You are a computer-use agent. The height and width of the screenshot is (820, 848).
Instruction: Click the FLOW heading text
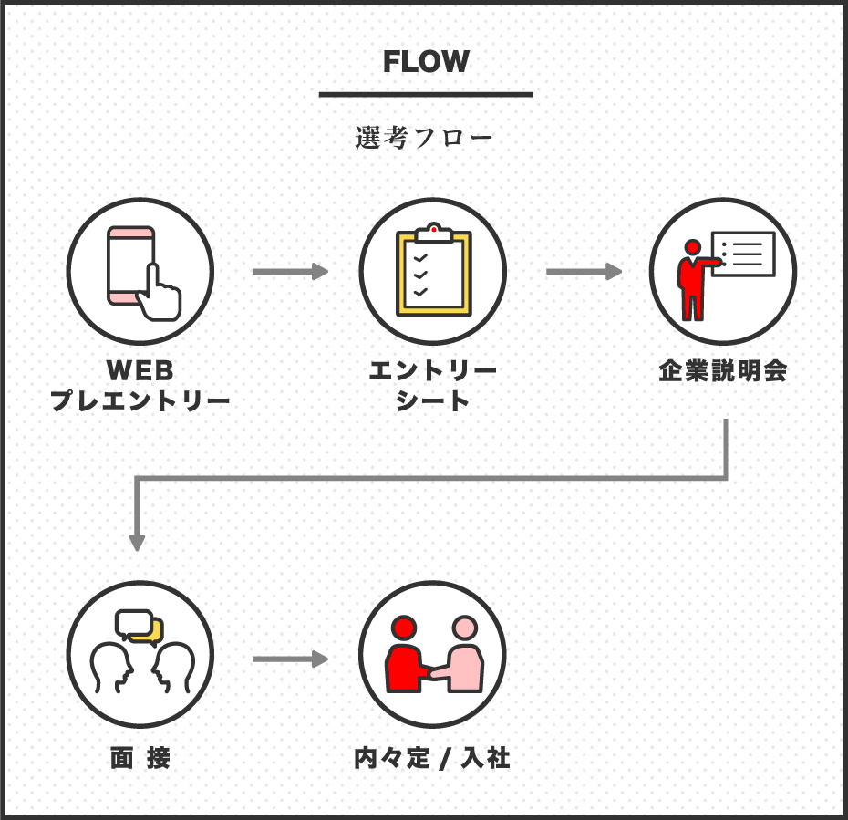pyautogui.click(x=426, y=61)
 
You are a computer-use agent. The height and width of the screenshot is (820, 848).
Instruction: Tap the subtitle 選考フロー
pyautogui.click(x=424, y=140)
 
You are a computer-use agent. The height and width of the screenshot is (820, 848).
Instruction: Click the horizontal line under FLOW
pyautogui.click(x=426, y=94)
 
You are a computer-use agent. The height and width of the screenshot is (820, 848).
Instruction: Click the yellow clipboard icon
pyautogui.click(x=433, y=273)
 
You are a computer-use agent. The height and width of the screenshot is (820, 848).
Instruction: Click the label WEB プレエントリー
pyautogui.click(x=140, y=386)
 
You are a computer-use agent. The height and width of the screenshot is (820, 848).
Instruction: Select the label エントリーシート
pyautogui.click(x=433, y=386)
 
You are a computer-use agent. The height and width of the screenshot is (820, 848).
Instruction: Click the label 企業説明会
pyautogui.click(x=723, y=372)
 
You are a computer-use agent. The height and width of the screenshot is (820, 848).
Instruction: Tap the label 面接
pyautogui.click(x=140, y=758)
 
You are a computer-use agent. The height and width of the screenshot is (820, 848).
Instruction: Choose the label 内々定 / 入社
pyautogui.click(x=432, y=758)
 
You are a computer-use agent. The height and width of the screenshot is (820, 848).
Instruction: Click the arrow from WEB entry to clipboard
pyautogui.click(x=289, y=271)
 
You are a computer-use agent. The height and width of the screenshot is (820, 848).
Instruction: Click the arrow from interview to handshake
pyautogui.click(x=289, y=659)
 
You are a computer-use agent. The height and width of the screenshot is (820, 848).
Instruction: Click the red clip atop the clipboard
pyautogui.click(x=433, y=228)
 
